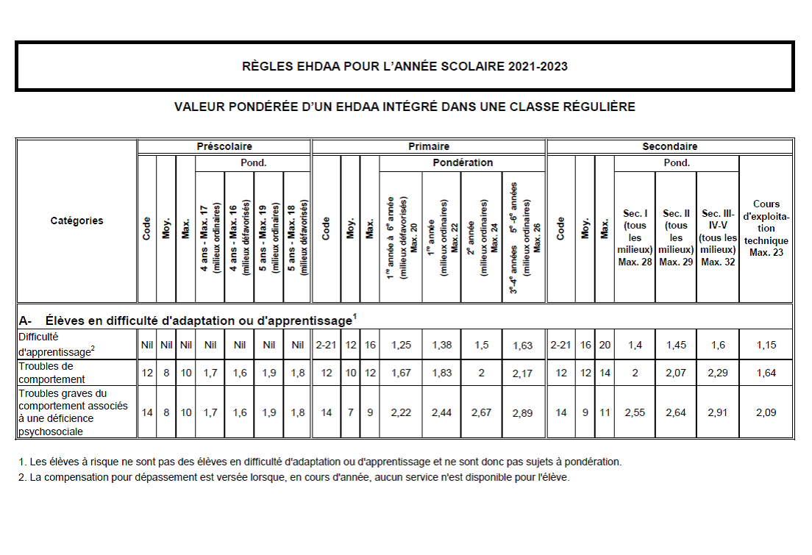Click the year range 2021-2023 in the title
[537, 67]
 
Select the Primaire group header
[429, 146]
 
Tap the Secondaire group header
[669, 146]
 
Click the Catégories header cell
[77, 221]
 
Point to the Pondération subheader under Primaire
[463, 162]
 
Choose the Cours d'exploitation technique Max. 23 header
[766, 228]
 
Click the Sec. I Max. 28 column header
[634, 237]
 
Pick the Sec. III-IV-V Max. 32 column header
[717, 237]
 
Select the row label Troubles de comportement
[52, 373]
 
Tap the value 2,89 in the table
[523, 412]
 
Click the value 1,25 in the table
[400, 344]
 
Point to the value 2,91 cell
[717, 412]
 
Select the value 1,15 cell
[766, 344]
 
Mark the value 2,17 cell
[523, 373]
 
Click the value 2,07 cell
[676, 373]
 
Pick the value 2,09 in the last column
[766, 412]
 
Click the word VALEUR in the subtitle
[198, 107]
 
